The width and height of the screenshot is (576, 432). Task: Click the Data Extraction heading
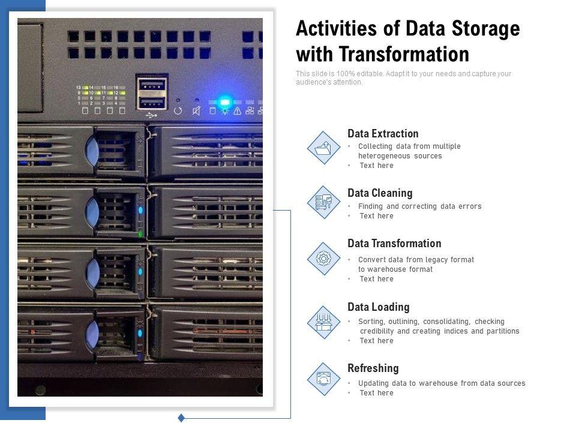click(383, 134)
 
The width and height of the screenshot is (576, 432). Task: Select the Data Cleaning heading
click(380, 193)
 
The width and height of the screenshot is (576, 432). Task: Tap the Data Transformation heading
click(394, 244)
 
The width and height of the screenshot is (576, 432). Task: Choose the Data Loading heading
click(378, 307)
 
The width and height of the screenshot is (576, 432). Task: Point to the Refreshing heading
click(373, 368)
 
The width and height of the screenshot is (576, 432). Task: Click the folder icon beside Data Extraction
click(323, 148)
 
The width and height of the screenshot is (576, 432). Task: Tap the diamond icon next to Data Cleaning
click(323, 202)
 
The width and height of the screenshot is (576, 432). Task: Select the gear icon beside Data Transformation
click(323, 259)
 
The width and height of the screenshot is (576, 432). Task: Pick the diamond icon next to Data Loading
click(323, 322)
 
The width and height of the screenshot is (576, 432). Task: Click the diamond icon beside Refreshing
click(323, 379)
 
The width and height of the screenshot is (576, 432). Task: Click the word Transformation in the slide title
click(404, 55)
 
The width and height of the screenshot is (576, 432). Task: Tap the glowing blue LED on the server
click(224, 101)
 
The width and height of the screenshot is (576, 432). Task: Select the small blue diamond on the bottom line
click(181, 418)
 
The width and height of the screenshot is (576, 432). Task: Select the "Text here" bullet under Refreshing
click(376, 393)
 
